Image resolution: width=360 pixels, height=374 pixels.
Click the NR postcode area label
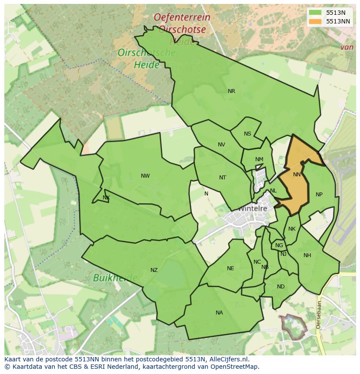[x=231, y=91]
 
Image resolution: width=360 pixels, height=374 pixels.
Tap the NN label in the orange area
[x=297, y=175]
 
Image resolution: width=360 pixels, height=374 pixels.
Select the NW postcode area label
[x=145, y=176]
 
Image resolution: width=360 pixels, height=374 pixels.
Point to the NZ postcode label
[x=154, y=270]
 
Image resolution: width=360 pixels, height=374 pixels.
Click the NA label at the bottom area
[x=219, y=313]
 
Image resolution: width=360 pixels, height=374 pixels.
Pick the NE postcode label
[x=230, y=268]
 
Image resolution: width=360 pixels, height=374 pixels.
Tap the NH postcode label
[x=307, y=255]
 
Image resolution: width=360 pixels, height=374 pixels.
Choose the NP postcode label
[x=319, y=195]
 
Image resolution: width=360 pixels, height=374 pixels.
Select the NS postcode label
[x=247, y=134]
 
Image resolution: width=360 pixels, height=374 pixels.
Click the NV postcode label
[x=221, y=145]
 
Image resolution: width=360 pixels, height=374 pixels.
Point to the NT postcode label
[x=223, y=178]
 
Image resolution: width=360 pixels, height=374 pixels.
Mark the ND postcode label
[x=281, y=287]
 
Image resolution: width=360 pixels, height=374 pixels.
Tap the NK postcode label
[x=292, y=229]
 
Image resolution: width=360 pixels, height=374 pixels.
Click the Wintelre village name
[x=252, y=209]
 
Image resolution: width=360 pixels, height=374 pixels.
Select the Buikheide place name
[x=115, y=278]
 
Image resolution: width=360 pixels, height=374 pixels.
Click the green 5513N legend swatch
[x=315, y=13]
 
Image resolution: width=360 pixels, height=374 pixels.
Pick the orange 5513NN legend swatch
[x=315, y=21]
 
